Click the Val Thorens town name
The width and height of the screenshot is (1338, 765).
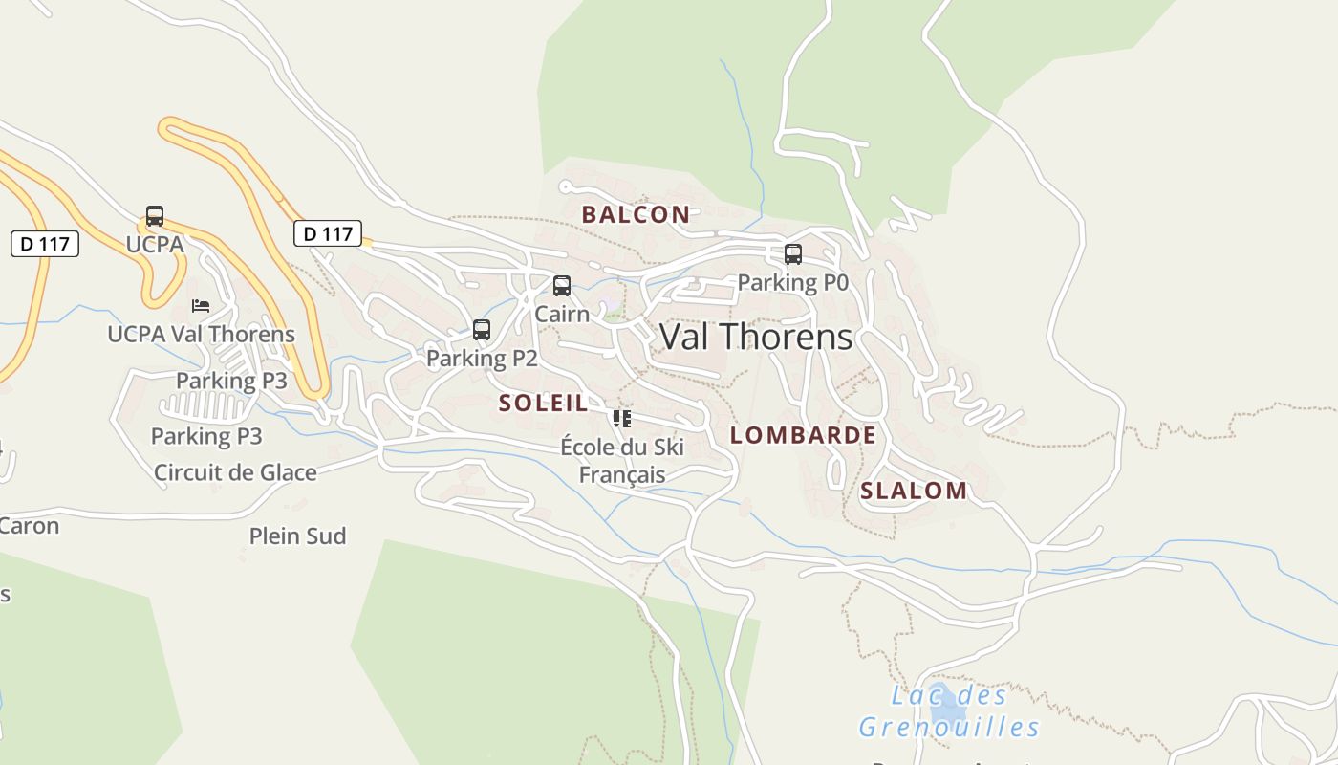pos(756,337)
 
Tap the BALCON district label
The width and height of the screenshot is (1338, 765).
pos(636,214)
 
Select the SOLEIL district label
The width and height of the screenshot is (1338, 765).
pos(543,403)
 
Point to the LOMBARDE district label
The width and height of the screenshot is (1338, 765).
pos(803,435)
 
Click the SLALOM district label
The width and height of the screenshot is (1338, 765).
pos(914,491)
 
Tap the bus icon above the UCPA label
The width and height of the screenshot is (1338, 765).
pos(155,216)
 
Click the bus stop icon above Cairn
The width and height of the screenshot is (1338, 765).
pos(562,286)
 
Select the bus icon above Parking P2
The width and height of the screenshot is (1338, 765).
pos(482,330)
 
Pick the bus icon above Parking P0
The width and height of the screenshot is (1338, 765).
pos(793,254)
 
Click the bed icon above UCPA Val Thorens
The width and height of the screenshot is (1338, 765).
pos(201,306)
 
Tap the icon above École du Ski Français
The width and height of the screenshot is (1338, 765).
pos(622,419)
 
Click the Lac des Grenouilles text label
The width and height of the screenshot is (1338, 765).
pos(949,711)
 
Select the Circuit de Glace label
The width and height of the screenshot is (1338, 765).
pos(235,472)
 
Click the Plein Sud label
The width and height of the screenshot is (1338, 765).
pos(297,536)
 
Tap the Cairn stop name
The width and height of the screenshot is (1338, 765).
pos(562,314)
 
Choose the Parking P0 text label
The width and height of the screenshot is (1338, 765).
pos(793,283)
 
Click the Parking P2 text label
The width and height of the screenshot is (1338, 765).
pos(482,359)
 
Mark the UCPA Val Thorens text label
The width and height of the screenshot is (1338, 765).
pos(201,334)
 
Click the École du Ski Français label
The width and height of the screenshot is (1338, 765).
pos(622,461)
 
